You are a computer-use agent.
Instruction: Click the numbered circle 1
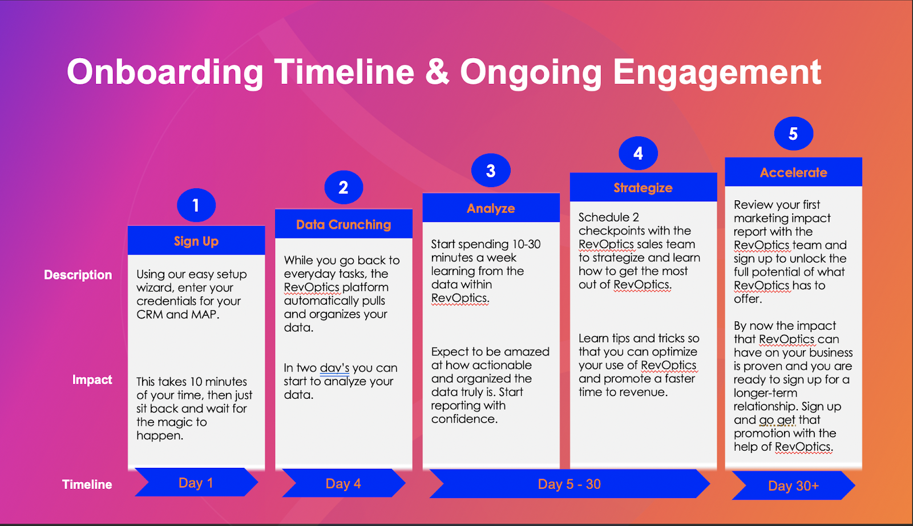196,205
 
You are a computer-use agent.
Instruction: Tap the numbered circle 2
344,188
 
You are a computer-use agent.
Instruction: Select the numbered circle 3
491,171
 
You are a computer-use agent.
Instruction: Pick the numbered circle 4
639,153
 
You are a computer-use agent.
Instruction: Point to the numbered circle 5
794,133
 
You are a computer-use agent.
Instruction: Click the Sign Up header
196,241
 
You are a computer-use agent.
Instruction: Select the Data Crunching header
344,224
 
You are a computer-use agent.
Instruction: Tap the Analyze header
491,208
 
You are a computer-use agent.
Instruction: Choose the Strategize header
643,188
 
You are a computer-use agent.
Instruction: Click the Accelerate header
794,172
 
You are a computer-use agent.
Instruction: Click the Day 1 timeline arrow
196,483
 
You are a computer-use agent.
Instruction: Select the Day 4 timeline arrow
344,483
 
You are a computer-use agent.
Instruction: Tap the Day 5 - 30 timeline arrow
569,484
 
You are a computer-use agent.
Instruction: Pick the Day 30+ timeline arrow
794,485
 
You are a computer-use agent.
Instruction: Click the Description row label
78,275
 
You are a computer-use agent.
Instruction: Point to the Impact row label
92,380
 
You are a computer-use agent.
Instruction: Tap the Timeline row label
87,484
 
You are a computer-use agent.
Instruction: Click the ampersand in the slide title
437,72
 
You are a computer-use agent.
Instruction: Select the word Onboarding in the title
165,72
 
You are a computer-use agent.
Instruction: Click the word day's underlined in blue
334,368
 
